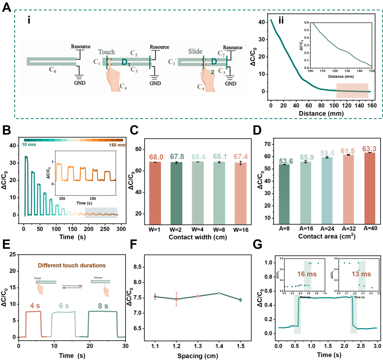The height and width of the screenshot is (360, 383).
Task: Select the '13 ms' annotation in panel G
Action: [x=361, y=274]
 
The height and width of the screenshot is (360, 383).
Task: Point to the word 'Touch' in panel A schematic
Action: [x=106, y=52]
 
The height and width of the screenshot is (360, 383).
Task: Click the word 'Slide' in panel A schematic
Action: [x=196, y=52]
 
